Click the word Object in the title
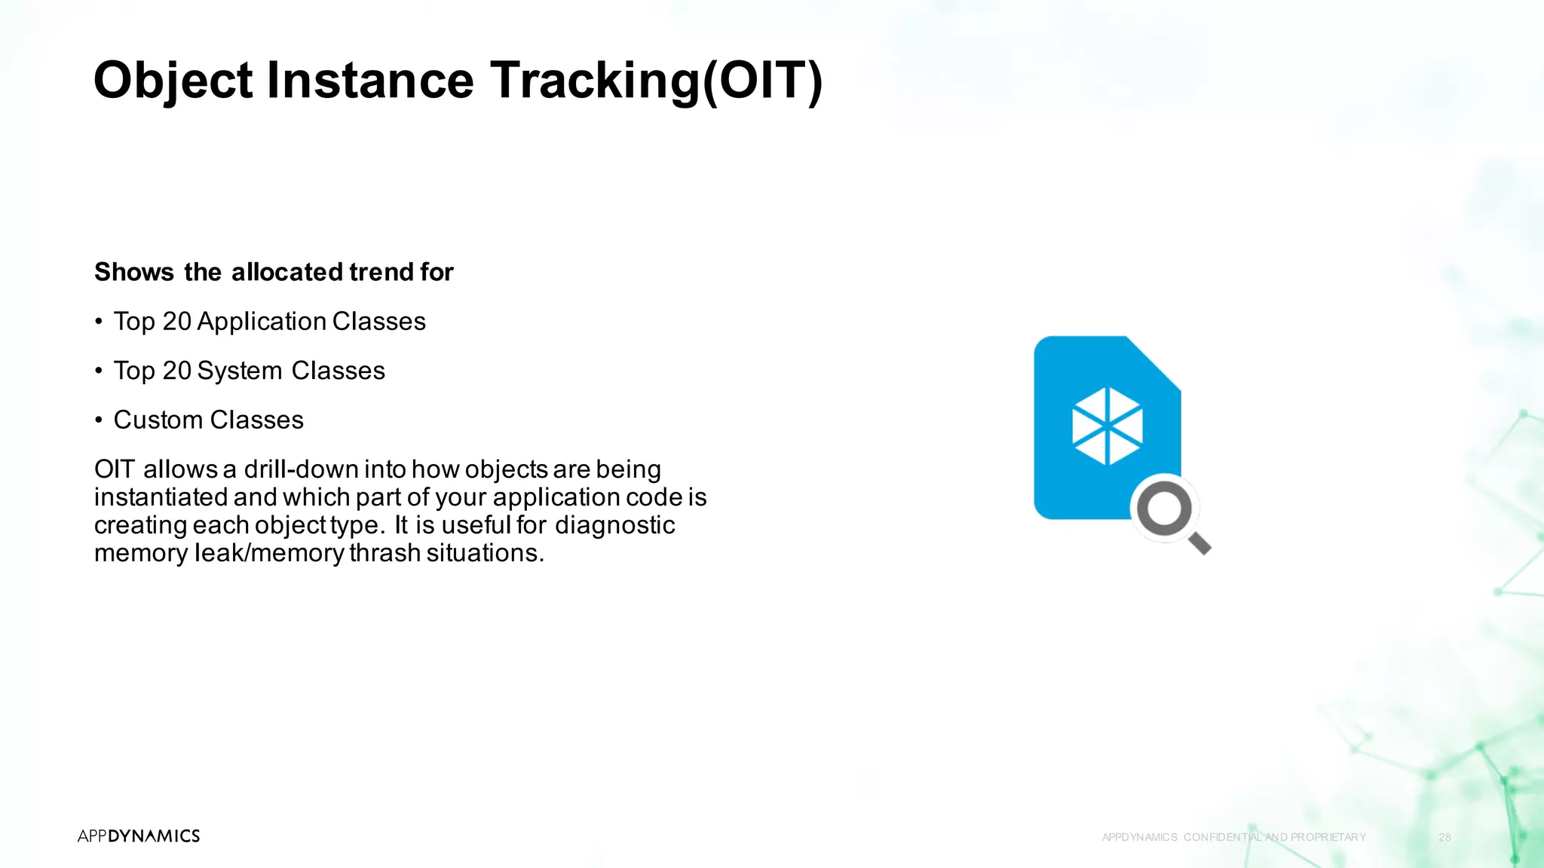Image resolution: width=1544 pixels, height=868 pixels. [x=173, y=81]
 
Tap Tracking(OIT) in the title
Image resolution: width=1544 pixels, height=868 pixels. [x=657, y=81]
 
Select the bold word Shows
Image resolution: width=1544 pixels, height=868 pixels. [x=134, y=272]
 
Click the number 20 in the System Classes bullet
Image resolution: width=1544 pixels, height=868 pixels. [x=177, y=371]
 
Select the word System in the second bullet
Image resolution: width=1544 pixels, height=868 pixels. [x=240, y=371]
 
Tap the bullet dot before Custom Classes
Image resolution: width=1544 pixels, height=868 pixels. [x=99, y=420]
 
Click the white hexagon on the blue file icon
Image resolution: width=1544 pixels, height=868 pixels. [x=1107, y=426]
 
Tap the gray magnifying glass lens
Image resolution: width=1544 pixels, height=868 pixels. [x=1165, y=509]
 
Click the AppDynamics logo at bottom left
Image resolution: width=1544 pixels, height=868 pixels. [x=139, y=836]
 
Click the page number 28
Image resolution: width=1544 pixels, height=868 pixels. [x=1444, y=837]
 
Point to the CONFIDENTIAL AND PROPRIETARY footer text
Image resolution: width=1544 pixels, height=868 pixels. [x=1274, y=837]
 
